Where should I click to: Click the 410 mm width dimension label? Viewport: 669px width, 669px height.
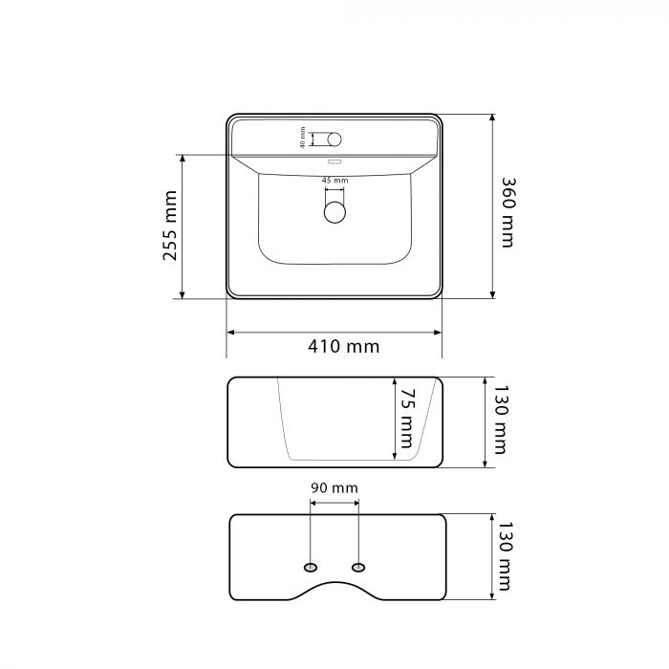pos(343,346)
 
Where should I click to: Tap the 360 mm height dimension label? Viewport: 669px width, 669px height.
pos(507,212)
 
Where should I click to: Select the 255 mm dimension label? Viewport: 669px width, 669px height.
pos(170,226)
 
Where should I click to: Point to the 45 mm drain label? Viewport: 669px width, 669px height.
pos(334,181)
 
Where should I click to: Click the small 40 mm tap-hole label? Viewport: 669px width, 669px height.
pos(303,138)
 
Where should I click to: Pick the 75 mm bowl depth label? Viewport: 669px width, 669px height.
pos(406,419)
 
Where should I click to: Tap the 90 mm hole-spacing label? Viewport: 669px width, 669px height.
pos(334,487)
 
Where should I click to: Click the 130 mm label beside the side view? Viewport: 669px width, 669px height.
pos(501,420)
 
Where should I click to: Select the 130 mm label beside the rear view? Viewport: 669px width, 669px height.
pos(505,556)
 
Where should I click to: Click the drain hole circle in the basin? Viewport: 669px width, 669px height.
pos(334,212)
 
